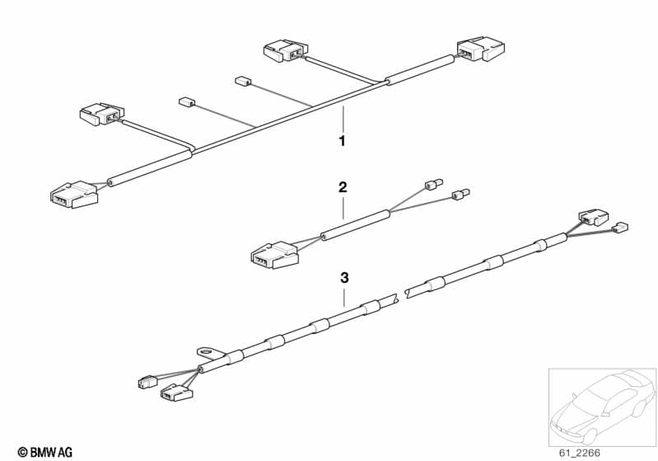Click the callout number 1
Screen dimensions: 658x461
(x=343, y=141)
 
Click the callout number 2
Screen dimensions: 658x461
(x=343, y=187)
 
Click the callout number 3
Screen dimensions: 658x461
(x=344, y=278)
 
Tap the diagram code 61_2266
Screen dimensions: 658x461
(x=580, y=453)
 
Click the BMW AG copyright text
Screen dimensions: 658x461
(x=45, y=453)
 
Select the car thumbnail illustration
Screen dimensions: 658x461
(x=602, y=407)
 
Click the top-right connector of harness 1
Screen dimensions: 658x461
(x=480, y=49)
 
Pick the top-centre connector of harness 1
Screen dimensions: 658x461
(x=286, y=50)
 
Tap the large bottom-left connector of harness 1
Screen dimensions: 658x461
(x=74, y=195)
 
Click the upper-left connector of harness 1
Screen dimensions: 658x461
(x=102, y=114)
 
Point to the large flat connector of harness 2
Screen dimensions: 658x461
(x=274, y=255)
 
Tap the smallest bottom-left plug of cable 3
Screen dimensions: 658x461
(x=147, y=382)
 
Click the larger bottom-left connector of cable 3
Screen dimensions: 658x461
(x=177, y=392)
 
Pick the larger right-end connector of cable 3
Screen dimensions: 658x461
(x=594, y=217)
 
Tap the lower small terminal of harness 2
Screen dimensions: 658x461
(x=460, y=194)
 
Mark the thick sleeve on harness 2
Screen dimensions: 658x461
(x=356, y=225)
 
